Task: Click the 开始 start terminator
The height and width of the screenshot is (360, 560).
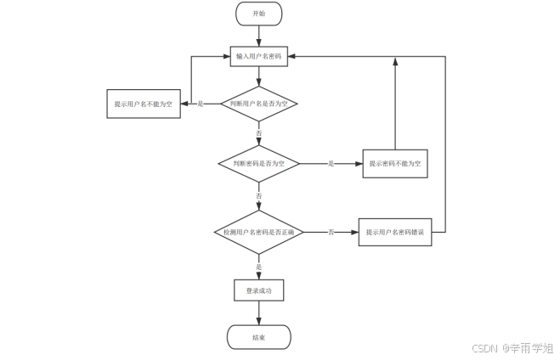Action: pyautogui.click(x=258, y=14)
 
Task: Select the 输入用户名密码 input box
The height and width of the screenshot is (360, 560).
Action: pyautogui.click(x=258, y=56)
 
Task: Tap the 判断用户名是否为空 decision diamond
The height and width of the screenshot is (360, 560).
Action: pyautogui.click(x=258, y=104)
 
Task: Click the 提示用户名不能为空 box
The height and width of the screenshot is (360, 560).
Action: pyautogui.click(x=143, y=104)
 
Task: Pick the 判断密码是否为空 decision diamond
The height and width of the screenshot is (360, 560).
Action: pyautogui.click(x=258, y=163)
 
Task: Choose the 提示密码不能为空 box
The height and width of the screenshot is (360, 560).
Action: pyautogui.click(x=395, y=163)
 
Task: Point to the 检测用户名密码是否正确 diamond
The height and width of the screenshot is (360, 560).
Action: pyautogui.click(x=258, y=232)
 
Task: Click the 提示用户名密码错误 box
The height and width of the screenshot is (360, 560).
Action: pyautogui.click(x=395, y=232)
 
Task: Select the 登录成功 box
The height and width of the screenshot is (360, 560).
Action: pyautogui.click(x=258, y=290)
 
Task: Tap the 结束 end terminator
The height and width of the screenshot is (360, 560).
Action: pyautogui.click(x=258, y=337)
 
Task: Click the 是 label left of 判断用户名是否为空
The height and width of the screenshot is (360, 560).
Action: pyautogui.click(x=201, y=104)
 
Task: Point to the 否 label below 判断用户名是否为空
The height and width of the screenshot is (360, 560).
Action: pyautogui.click(x=258, y=134)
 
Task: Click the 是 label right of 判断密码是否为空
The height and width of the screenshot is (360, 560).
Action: pyautogui.click(x=331, y=163)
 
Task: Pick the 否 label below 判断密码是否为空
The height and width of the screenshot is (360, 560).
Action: pyautogui.click(x=258, y=195)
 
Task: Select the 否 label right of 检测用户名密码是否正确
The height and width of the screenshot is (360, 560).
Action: pyautogui.click(x=331, y=232)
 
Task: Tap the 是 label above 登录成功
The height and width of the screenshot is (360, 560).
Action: pyautogui.click(x=258, y=267)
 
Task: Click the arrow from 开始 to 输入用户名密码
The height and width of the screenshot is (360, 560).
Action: pyautogui.click(x=258, y=35)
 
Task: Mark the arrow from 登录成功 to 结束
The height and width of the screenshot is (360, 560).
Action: pyautogui.click(x=258, y=313)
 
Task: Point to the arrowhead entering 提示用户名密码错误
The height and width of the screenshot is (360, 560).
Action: pyautogui.click(x=354, y=232)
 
